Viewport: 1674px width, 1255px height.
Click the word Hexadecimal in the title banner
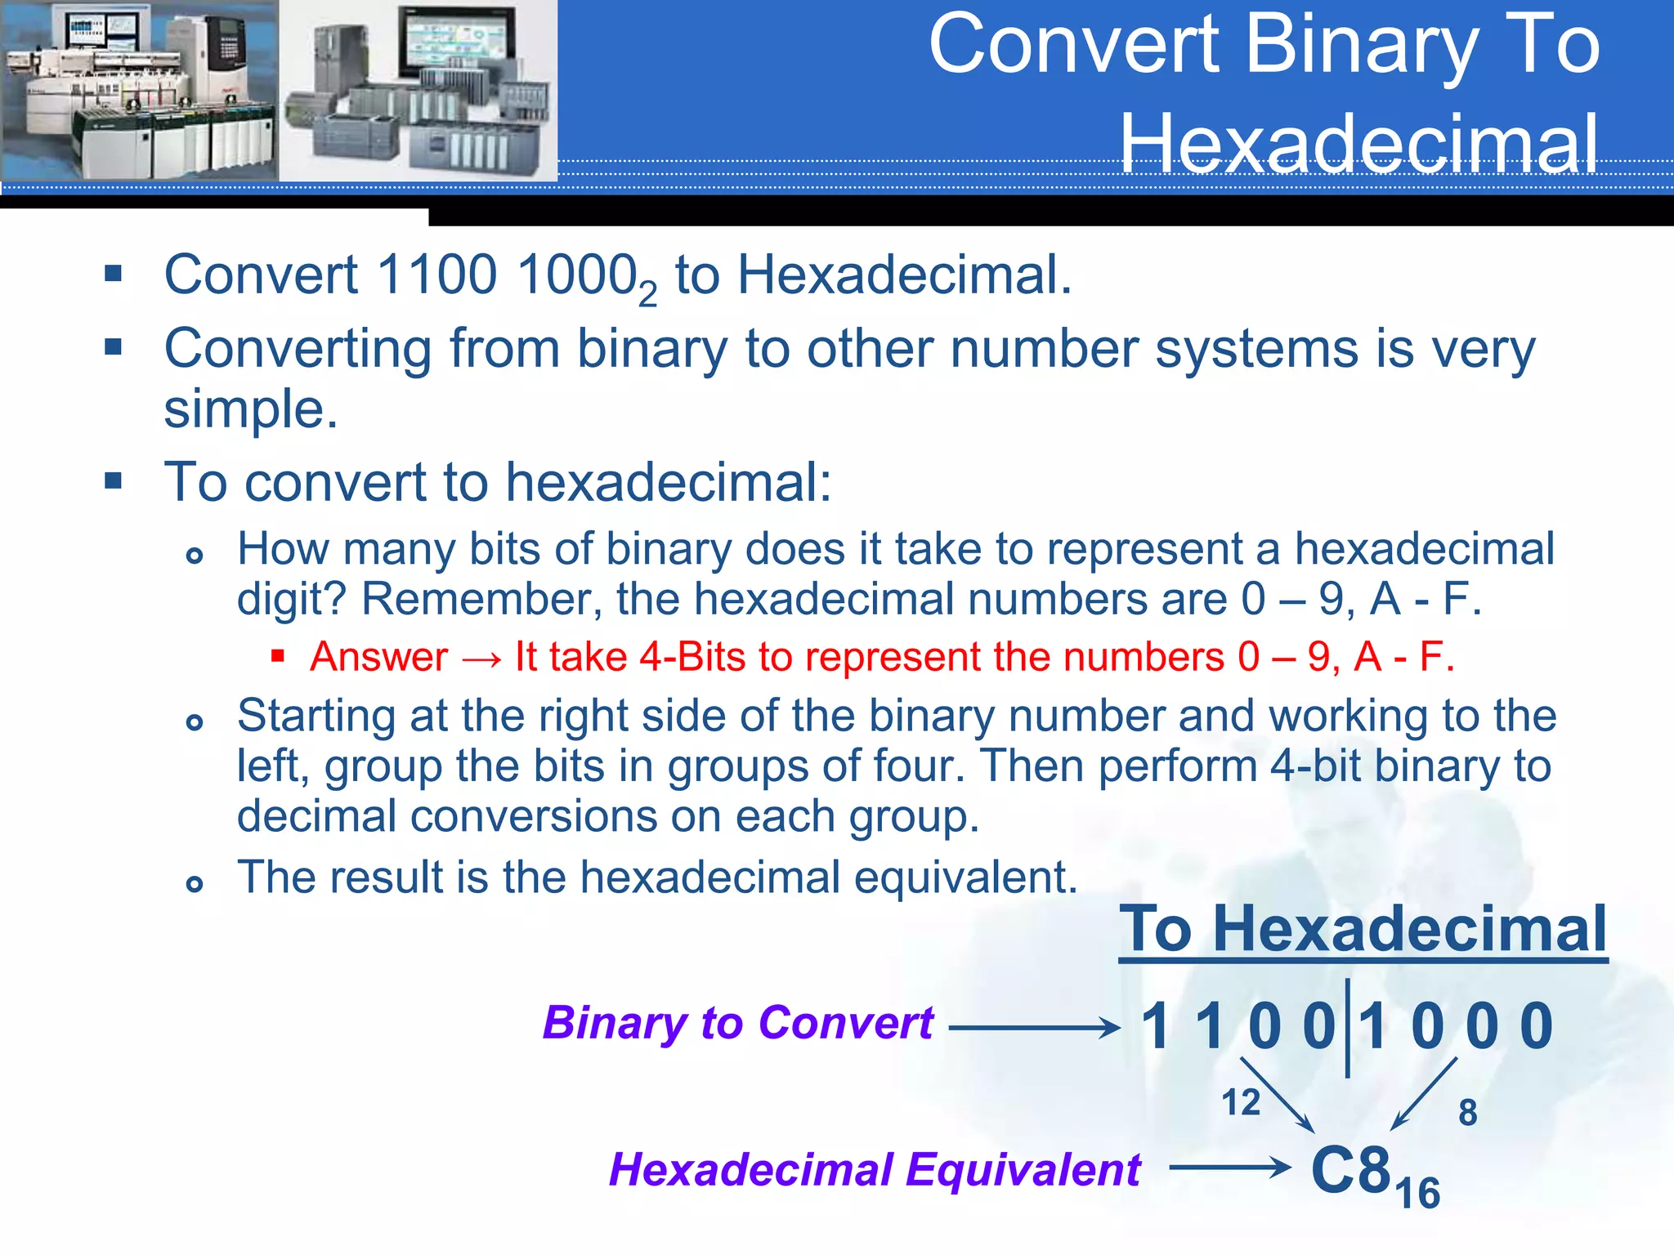pyautogui.click(x=1358, y=144)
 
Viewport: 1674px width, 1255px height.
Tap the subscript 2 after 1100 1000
pyautogui.click(x=647, y=294)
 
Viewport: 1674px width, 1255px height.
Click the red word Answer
pyautogui.click(x=379, y=657)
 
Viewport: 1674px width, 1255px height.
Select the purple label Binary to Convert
pyautogui.click(x=737, y=1022)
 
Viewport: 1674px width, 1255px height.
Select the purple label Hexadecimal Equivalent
pyautogui.click(x=875, y=1169)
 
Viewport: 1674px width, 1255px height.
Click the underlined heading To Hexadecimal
pyautogui.click(x=1363, y=929)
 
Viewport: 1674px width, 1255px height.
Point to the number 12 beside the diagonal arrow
pyautogui.click(x=1240, y=1102)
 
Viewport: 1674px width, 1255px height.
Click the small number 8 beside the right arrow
pyautogui.click(x=1468, y=1113)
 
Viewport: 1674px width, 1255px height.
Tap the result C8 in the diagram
pyautogui.click(x=1350, y=1169)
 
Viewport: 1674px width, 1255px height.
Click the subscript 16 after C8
pyautogui.click(x=1418, y=1194)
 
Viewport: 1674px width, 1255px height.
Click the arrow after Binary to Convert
pyautogui.click(x=1033, y=1027)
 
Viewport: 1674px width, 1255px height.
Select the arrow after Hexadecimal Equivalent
pyautogui.click(x=1229, y=1168)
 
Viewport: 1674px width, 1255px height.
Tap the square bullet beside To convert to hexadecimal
pyautogui.click(x=114, y=480)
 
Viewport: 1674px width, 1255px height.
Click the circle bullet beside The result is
pyautogui.click(x=195, y=883)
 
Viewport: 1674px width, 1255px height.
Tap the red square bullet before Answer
pyautogui.click(x=278, y=655)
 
